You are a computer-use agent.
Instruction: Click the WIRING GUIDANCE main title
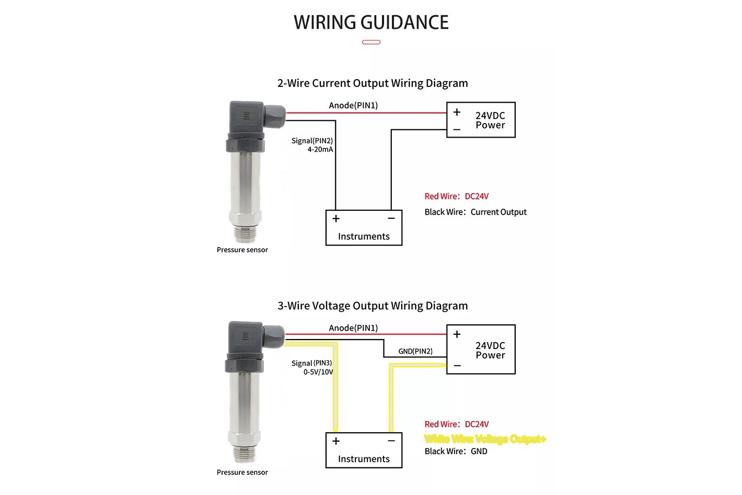[371, 22]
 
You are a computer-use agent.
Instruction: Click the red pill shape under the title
[371, 42]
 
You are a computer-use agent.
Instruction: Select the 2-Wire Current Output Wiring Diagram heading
[373, 83]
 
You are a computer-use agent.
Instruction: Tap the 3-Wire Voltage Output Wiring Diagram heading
[373, 306]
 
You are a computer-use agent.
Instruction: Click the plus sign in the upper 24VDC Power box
[457, 112]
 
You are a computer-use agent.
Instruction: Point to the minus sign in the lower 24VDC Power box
[457, 366]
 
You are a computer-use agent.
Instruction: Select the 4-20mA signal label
[320, 149]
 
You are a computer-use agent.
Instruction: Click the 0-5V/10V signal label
[318, 372]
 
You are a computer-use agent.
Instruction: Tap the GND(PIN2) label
[415, 351]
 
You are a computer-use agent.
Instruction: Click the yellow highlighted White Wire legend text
[485, 439]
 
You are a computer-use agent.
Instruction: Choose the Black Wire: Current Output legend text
[476, 212]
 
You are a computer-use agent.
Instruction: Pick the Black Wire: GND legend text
[456, 451]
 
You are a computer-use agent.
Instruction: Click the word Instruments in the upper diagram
[364, 236]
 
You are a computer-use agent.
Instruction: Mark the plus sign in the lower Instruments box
[336, 441]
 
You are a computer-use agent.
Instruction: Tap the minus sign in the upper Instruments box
[391, 218]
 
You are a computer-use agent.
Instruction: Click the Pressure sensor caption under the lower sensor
[242, 472]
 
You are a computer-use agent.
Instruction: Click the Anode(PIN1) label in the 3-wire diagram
[353, 328]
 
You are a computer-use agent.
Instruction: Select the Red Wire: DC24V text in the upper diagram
[457, 196]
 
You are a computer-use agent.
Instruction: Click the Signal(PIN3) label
[312, 363]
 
